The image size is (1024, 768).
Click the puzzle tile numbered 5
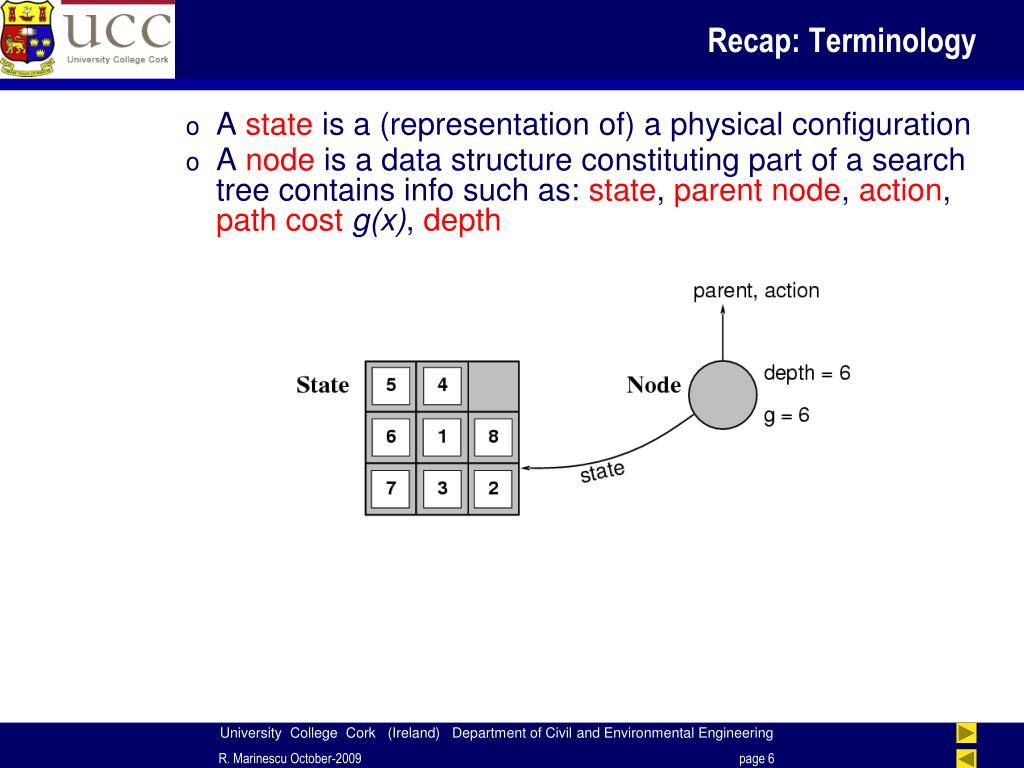(391, 385)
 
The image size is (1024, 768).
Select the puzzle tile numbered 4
(442, 385)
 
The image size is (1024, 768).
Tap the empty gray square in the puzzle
(494, 386)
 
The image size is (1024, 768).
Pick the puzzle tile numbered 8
(494, 436)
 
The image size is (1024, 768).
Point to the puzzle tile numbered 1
(442, 436)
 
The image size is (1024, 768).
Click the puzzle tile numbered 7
(391, 488)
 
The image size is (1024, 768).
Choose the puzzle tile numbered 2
(494, 488)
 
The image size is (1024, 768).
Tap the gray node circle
(722, 395)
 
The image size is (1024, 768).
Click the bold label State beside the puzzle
(323, 385)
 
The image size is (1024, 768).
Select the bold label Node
(654, 385)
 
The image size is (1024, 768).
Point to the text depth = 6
(807, 373)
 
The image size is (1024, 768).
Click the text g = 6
(786, 415)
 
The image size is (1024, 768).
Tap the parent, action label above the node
(756, 291)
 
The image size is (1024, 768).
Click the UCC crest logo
(27, 39)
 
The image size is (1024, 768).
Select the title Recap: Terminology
(842, 40)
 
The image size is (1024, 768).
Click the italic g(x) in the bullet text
(379, 221)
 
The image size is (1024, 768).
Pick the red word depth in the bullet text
(462, 220)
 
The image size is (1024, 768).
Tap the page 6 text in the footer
(757, 758)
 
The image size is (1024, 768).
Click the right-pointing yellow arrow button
(967, 733)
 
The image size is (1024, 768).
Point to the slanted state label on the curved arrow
(602, 471)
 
